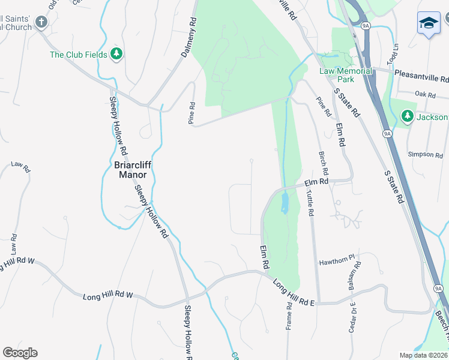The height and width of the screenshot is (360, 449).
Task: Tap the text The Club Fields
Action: [x=78, y=55]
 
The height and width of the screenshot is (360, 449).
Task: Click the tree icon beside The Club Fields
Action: [x=116, y=55]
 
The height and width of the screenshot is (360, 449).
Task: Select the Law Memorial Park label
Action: [x=345, y=75]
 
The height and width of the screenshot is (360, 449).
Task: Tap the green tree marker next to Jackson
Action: [x=408, y=115]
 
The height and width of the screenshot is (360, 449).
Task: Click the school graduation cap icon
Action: [x=429, y=23]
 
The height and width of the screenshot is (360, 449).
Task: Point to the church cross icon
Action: [x=41, y=23]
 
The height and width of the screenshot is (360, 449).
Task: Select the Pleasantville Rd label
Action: [x=421, y=79]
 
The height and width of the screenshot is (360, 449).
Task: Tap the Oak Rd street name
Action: [x=424, y=94]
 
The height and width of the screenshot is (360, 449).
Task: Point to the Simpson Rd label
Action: [x=425, y=154]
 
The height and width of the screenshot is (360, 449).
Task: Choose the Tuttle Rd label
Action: [x=310, y=203]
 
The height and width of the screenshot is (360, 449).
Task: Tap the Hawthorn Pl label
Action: [x=337, y=262]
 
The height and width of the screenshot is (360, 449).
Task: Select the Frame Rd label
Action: [x=289, y=314]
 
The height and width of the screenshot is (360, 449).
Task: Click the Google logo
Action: [x=20, y=353]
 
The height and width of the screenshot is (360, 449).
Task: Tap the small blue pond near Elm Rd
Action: [x=285, y=205]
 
